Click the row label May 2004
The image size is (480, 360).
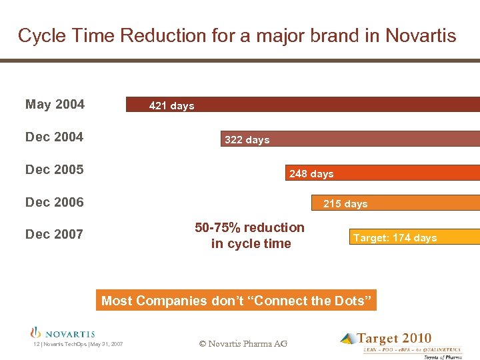[55, 104]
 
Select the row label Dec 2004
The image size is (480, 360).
[54, 137]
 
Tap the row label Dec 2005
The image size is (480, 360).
[54, 169]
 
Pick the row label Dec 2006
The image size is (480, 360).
[54, 202]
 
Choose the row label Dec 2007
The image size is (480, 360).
[54, 234]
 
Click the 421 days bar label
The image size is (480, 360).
[171, 106]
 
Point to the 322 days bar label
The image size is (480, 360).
[247, 140]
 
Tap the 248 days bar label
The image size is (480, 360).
[311, 174]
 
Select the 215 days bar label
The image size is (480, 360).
[345, 204]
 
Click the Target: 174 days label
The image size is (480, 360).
[395, 238]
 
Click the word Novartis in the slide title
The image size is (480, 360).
[417, 35]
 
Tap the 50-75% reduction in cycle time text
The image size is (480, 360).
[250, 235]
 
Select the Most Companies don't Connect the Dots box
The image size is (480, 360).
[237, 301]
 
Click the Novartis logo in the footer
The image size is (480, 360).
[63, 333]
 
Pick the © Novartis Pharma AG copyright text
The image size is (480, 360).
[243, 343]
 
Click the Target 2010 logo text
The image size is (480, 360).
[393, 339]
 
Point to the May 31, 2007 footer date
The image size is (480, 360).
[106, 344]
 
